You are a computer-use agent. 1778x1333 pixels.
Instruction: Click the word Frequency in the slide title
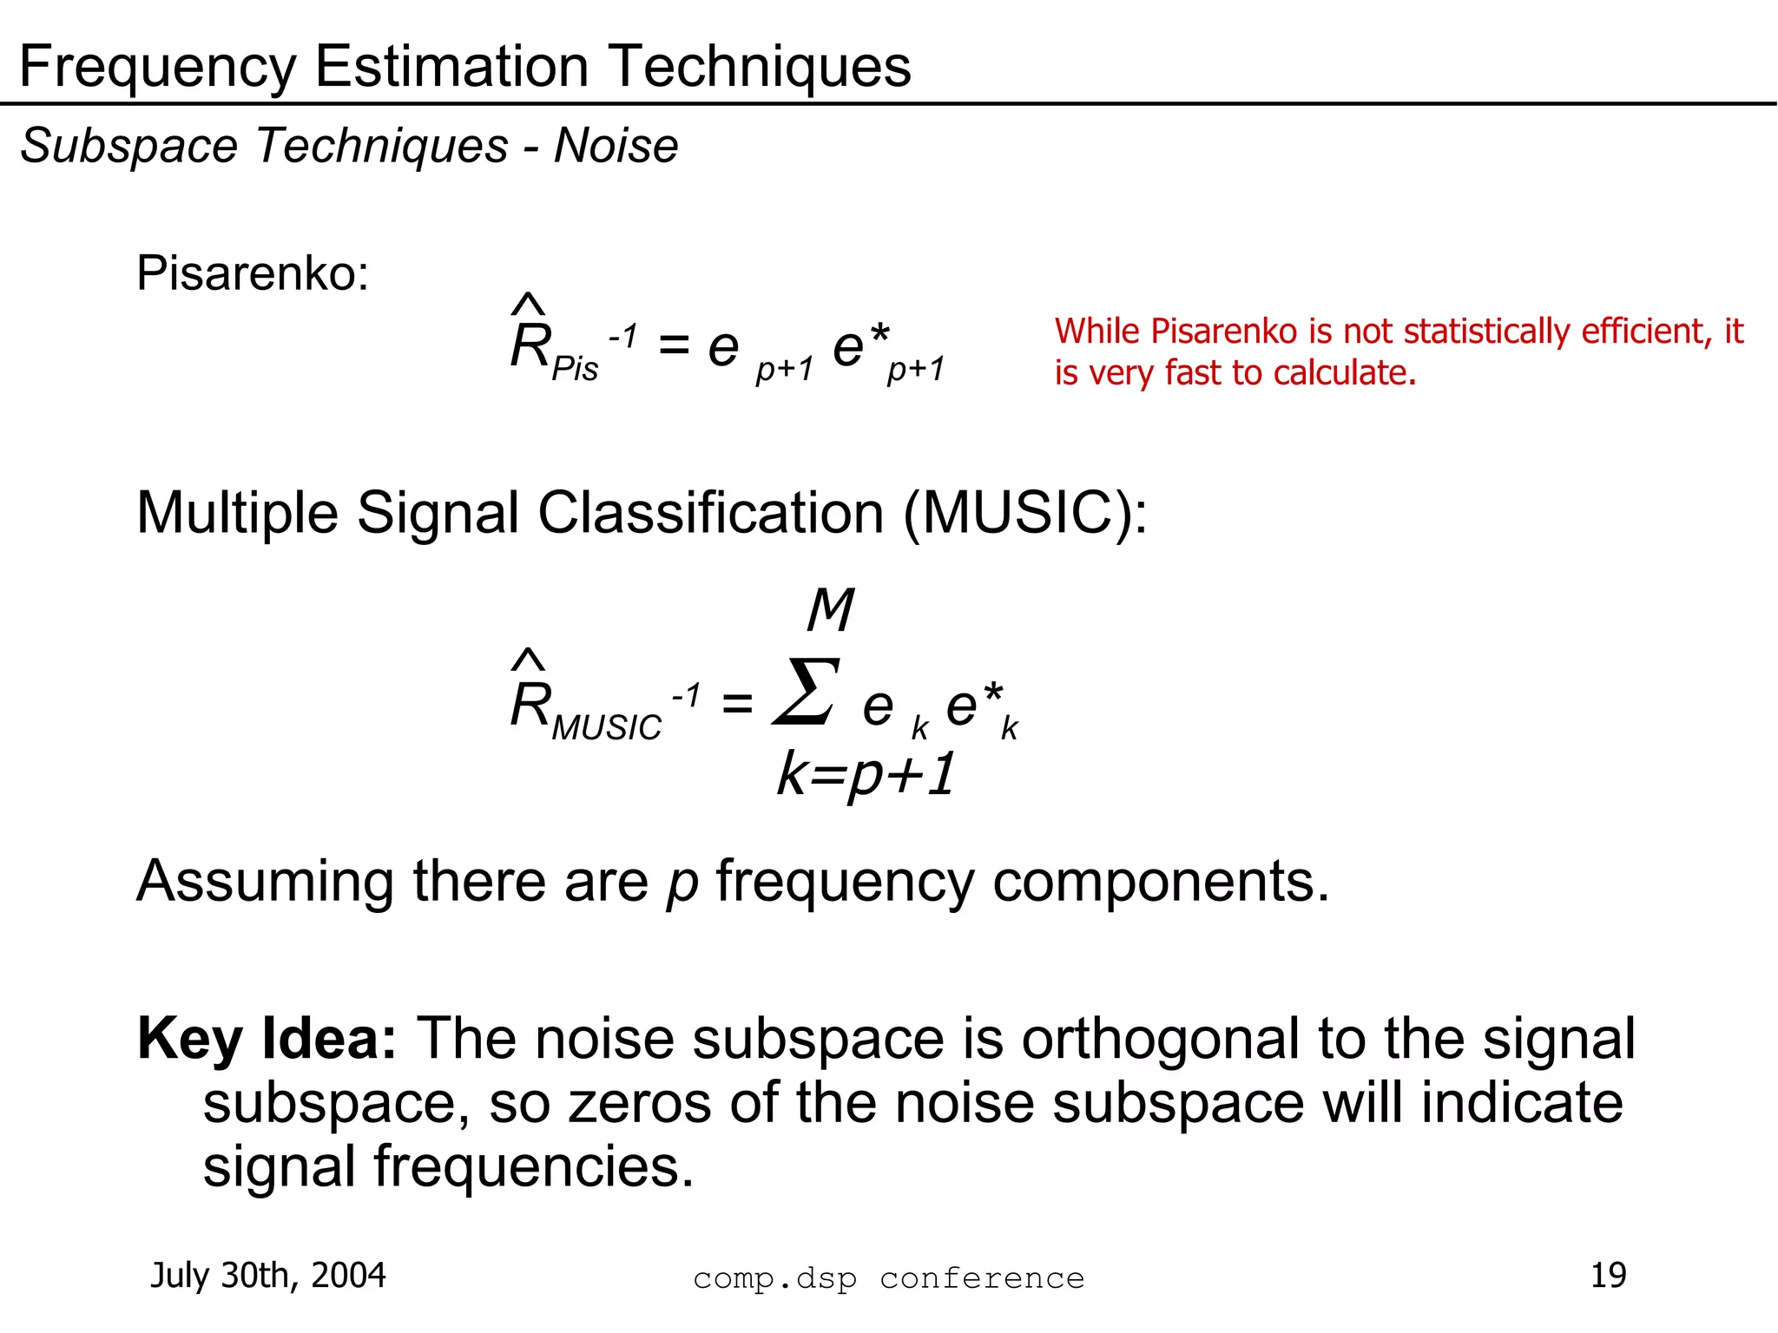(x=157, y=68)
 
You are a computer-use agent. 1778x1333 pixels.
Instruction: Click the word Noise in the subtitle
(x=616, y=145)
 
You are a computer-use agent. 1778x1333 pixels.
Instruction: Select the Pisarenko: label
(x=253, y=273)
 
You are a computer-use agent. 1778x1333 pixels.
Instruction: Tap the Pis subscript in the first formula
(x=575, y=369)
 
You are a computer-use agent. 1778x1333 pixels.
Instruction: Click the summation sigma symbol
(x=807, y=692)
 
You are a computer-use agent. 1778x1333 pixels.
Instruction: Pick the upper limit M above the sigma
(x=830, y=609)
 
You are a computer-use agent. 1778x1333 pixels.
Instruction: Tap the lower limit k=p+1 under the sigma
(x=866, y=774)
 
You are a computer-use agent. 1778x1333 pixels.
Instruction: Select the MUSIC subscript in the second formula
(x=606, y=727)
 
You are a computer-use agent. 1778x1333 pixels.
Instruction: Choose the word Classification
(x=711, y=513)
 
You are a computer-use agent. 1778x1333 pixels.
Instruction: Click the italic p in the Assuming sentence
(x=682, y=883)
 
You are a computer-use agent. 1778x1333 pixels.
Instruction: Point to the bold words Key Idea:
(x=267, y=1039)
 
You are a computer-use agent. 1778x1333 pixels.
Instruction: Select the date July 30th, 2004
(x=267, y=1275)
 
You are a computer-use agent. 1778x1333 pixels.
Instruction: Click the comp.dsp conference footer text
(x=888, y=1278)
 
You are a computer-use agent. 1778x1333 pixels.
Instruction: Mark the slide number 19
(x=1608, y=1275)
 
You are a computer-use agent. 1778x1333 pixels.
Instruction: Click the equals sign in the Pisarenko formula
(x=674, y=346)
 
